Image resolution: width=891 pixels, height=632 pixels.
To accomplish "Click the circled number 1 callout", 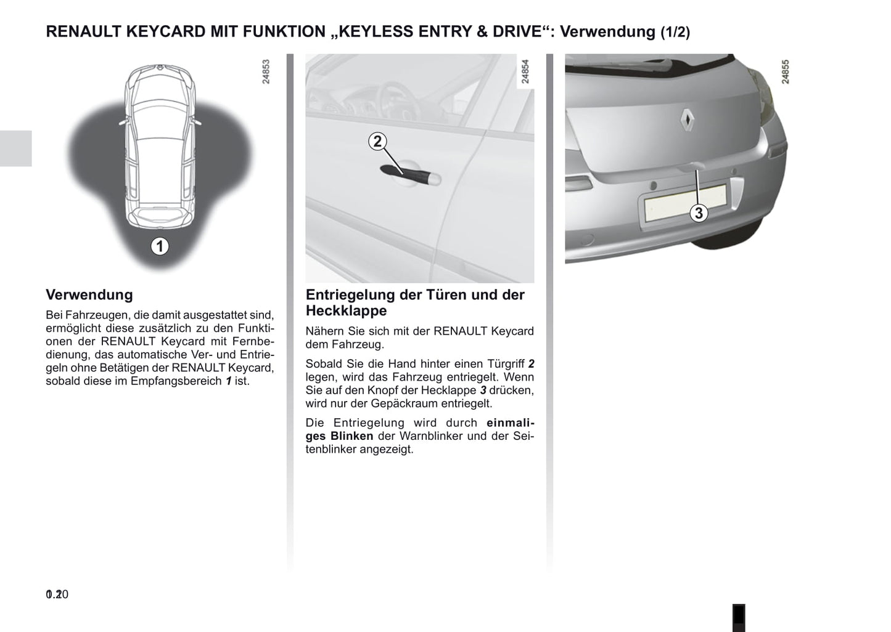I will [160, 246].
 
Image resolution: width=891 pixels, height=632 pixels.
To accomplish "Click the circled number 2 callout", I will [377, 141].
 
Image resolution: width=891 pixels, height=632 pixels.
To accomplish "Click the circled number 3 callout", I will [698, 213].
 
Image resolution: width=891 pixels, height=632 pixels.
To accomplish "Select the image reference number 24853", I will [266, 71].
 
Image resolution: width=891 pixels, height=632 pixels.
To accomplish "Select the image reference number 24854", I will [525, 71].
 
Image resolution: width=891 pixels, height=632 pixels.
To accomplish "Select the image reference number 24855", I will [785, 71].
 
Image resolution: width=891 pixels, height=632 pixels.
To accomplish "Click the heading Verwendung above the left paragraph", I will [89, 294].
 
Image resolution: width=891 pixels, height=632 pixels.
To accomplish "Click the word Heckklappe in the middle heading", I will [346, 310].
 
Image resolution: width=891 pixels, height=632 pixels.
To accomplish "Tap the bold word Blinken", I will [351, 436].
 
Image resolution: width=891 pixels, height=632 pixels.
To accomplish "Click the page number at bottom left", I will [57, 594].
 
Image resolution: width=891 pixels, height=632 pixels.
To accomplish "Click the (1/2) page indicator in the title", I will [675, 32].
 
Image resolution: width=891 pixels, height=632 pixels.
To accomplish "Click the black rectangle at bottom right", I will [738, 617].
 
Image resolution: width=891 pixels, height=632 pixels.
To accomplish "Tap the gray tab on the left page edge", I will [15, 148].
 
